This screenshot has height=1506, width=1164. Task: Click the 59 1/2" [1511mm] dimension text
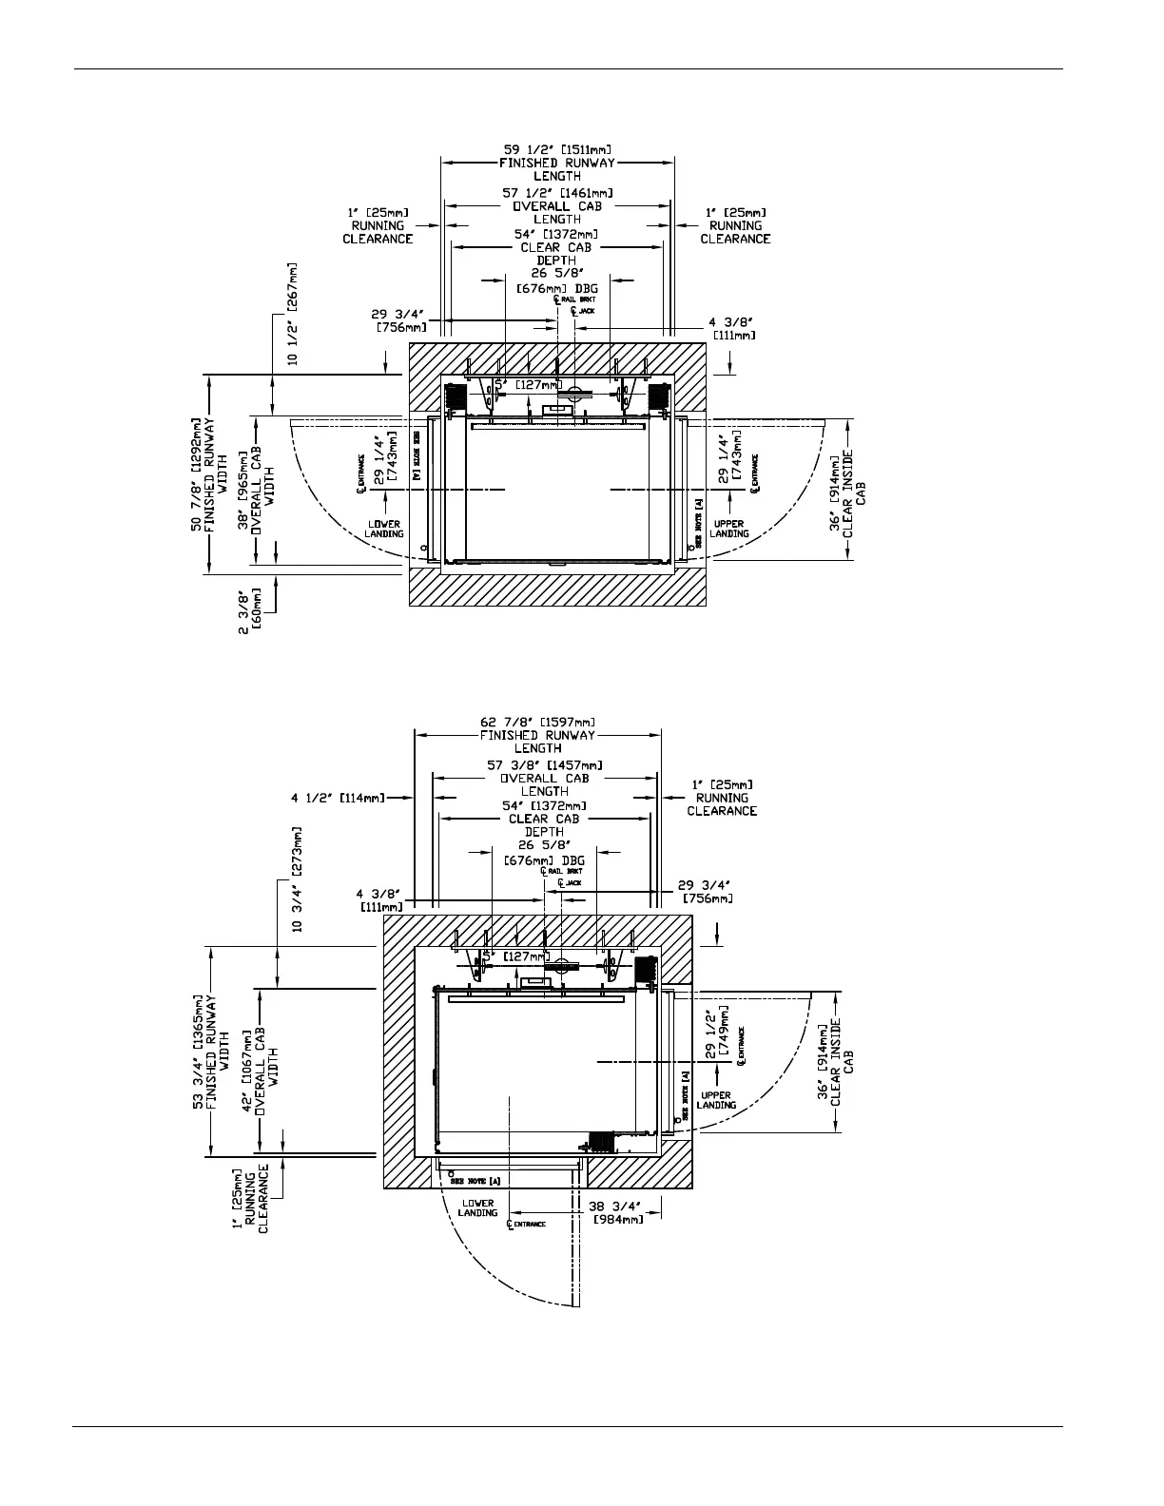[x=556, y=149]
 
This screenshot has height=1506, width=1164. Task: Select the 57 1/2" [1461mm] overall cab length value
[x=556, y=193]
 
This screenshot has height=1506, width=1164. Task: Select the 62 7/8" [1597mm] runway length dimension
[x=538, y=722]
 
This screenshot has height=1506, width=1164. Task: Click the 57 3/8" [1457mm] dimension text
[x=544, y=764]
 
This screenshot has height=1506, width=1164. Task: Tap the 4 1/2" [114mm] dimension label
[x=339, y=799]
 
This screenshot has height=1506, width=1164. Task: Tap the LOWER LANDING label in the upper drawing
[x=383, y=529]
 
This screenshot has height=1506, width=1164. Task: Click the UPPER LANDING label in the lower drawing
[x=716, y=1100]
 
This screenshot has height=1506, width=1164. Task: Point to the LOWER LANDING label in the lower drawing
[x=477, y=1207]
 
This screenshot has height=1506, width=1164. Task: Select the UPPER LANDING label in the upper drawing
[x=730, y=529]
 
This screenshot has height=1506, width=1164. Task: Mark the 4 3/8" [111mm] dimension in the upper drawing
[x=733, y=329]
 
